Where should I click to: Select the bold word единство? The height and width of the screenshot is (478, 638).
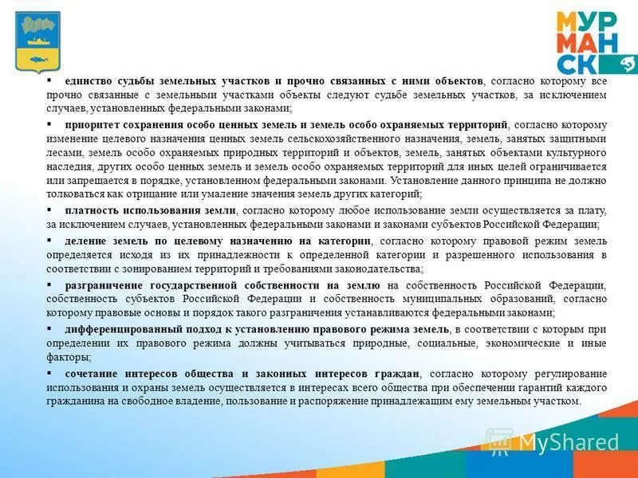click(x=87, y=81)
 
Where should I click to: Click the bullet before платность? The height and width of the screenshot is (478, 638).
click(x=49, y=210)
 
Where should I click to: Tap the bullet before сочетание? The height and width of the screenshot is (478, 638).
click(x=49, y=372)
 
